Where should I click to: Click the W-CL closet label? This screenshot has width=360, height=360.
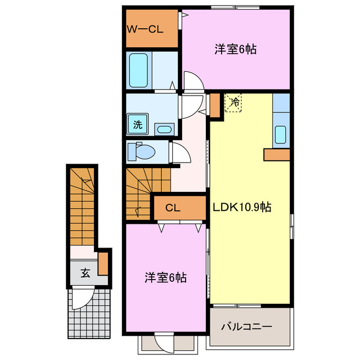click(x=145, y=29)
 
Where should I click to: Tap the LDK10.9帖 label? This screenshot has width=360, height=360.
click(x=242, y=207)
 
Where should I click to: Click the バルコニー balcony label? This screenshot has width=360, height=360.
click(x=246, y=327)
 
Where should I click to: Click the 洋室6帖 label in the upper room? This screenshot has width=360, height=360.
click(x=235, y=49)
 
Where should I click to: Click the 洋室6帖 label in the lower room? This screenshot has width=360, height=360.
click(x=165, y=277)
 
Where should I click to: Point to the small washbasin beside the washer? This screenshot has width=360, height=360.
click(x=164, y=129)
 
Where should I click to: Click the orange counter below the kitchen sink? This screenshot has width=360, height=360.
click(x=276, y=154)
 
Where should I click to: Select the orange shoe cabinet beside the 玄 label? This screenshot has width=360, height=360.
click(x=102, y=263)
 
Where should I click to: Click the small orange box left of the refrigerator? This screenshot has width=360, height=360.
click(x=215, y=104)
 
